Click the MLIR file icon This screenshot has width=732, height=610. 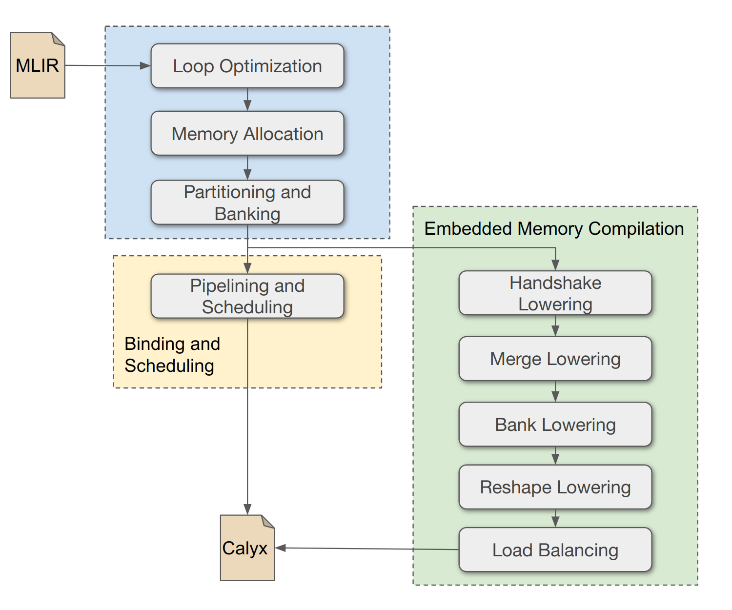click(38, 65)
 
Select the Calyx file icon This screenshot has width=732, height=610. click(247, 548)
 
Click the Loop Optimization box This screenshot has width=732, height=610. click(247, 66)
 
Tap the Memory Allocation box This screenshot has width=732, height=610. click(247, 133)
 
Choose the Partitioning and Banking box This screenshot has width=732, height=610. click(247, 203)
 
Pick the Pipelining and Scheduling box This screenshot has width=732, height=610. click(247, 296)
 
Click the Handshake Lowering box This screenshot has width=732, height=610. click(555, 293)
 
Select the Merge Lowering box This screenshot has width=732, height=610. click(555, 359)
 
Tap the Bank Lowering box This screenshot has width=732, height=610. click(555, 424)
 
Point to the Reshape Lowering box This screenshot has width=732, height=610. click(555, 487)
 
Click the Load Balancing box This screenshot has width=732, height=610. click(555, 549)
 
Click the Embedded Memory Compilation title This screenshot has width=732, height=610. click(554, 228)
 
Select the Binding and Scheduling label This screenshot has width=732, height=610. click(172, 355)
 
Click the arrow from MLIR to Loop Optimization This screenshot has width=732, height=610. click(107, 65)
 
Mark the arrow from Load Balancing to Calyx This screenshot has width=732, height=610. click(366, 549)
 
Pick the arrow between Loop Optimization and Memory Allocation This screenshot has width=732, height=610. click(247, 100)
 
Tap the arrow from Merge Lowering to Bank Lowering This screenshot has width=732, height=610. click(555, 391)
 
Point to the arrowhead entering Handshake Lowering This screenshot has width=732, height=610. click(555, 265)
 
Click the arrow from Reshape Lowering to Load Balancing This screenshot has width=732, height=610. click(555, 518)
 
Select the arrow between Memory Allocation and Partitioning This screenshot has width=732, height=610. click(247, 168)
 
